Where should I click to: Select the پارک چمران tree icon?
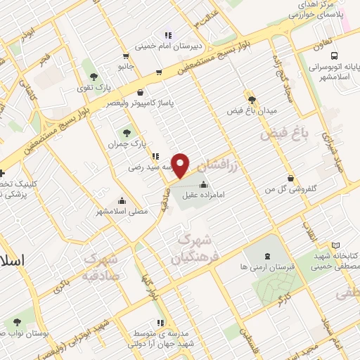pos(127,131)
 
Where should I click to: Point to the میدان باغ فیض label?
pos(252,111)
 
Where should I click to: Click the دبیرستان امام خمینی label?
pos(174,49)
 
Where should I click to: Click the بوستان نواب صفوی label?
pos(24,330)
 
